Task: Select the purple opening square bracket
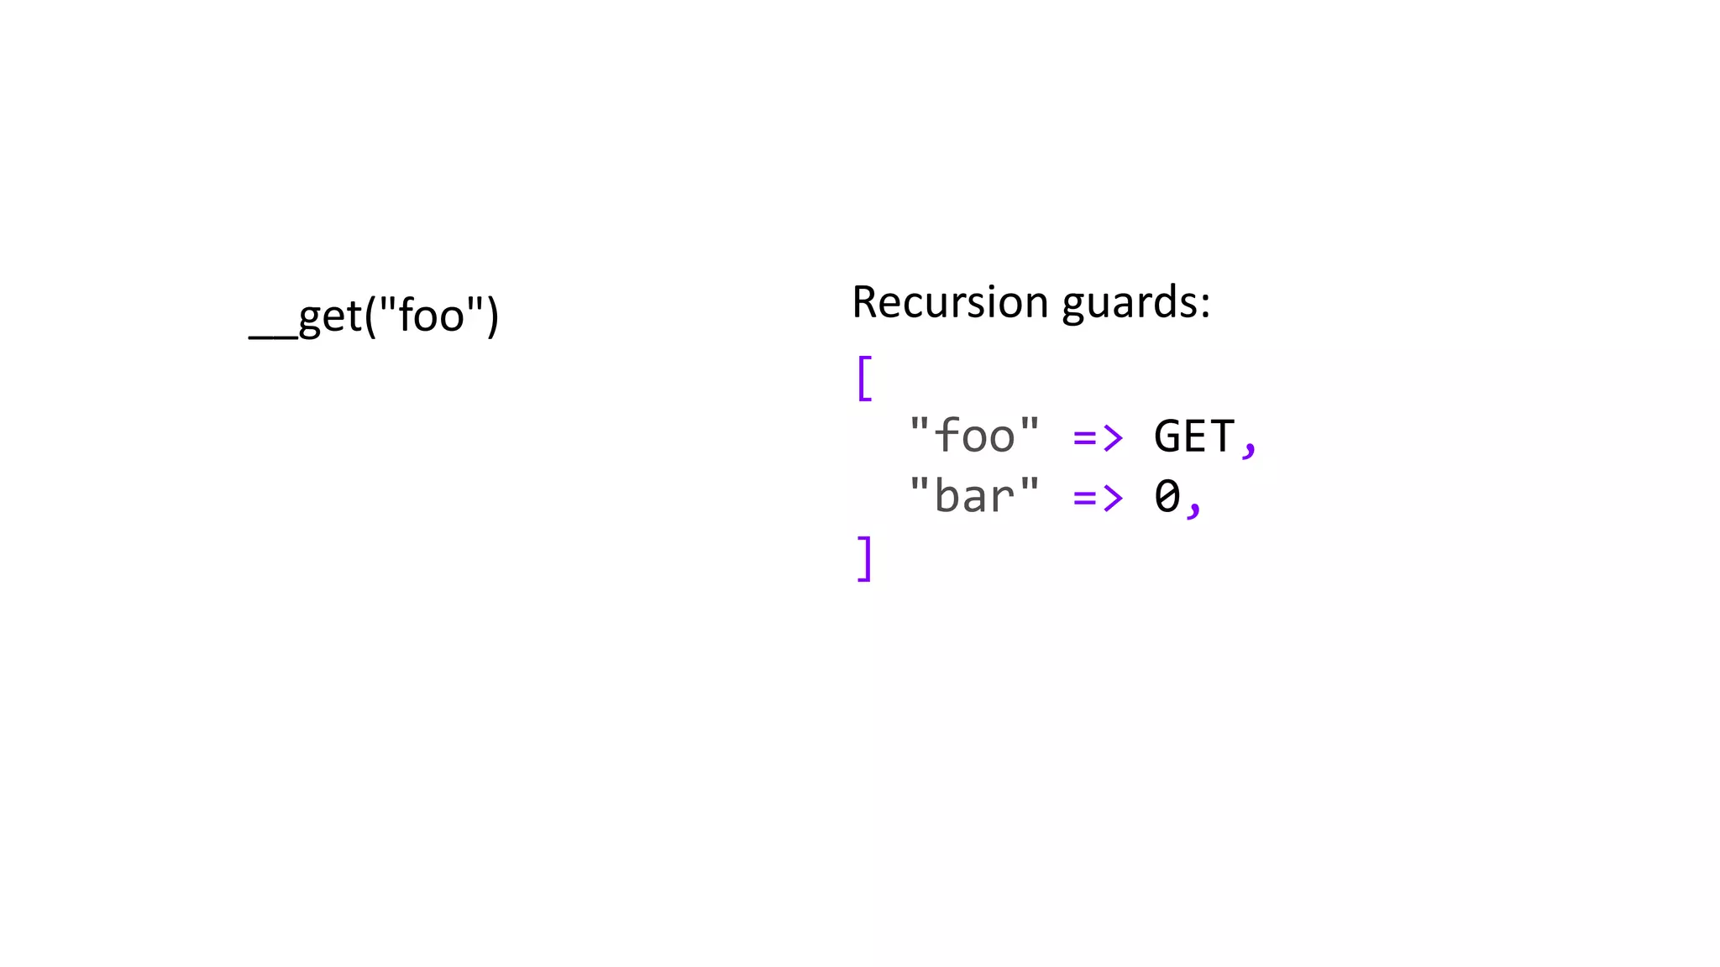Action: coord(864,379)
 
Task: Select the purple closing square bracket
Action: coord(864,559)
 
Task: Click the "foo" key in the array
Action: coord(974,436)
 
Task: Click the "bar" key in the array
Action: coord(974,496)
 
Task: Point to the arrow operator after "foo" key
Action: coord(1098,437)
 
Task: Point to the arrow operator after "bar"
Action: coord(1098,498)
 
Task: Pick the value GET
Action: coord(1193,436)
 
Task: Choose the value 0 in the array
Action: coord(1167,496)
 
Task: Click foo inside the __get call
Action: coord(431,316)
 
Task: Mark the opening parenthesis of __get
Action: coord(370,316)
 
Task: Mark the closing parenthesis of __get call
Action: coord(492,316)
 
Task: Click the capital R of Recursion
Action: coord(866,302)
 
